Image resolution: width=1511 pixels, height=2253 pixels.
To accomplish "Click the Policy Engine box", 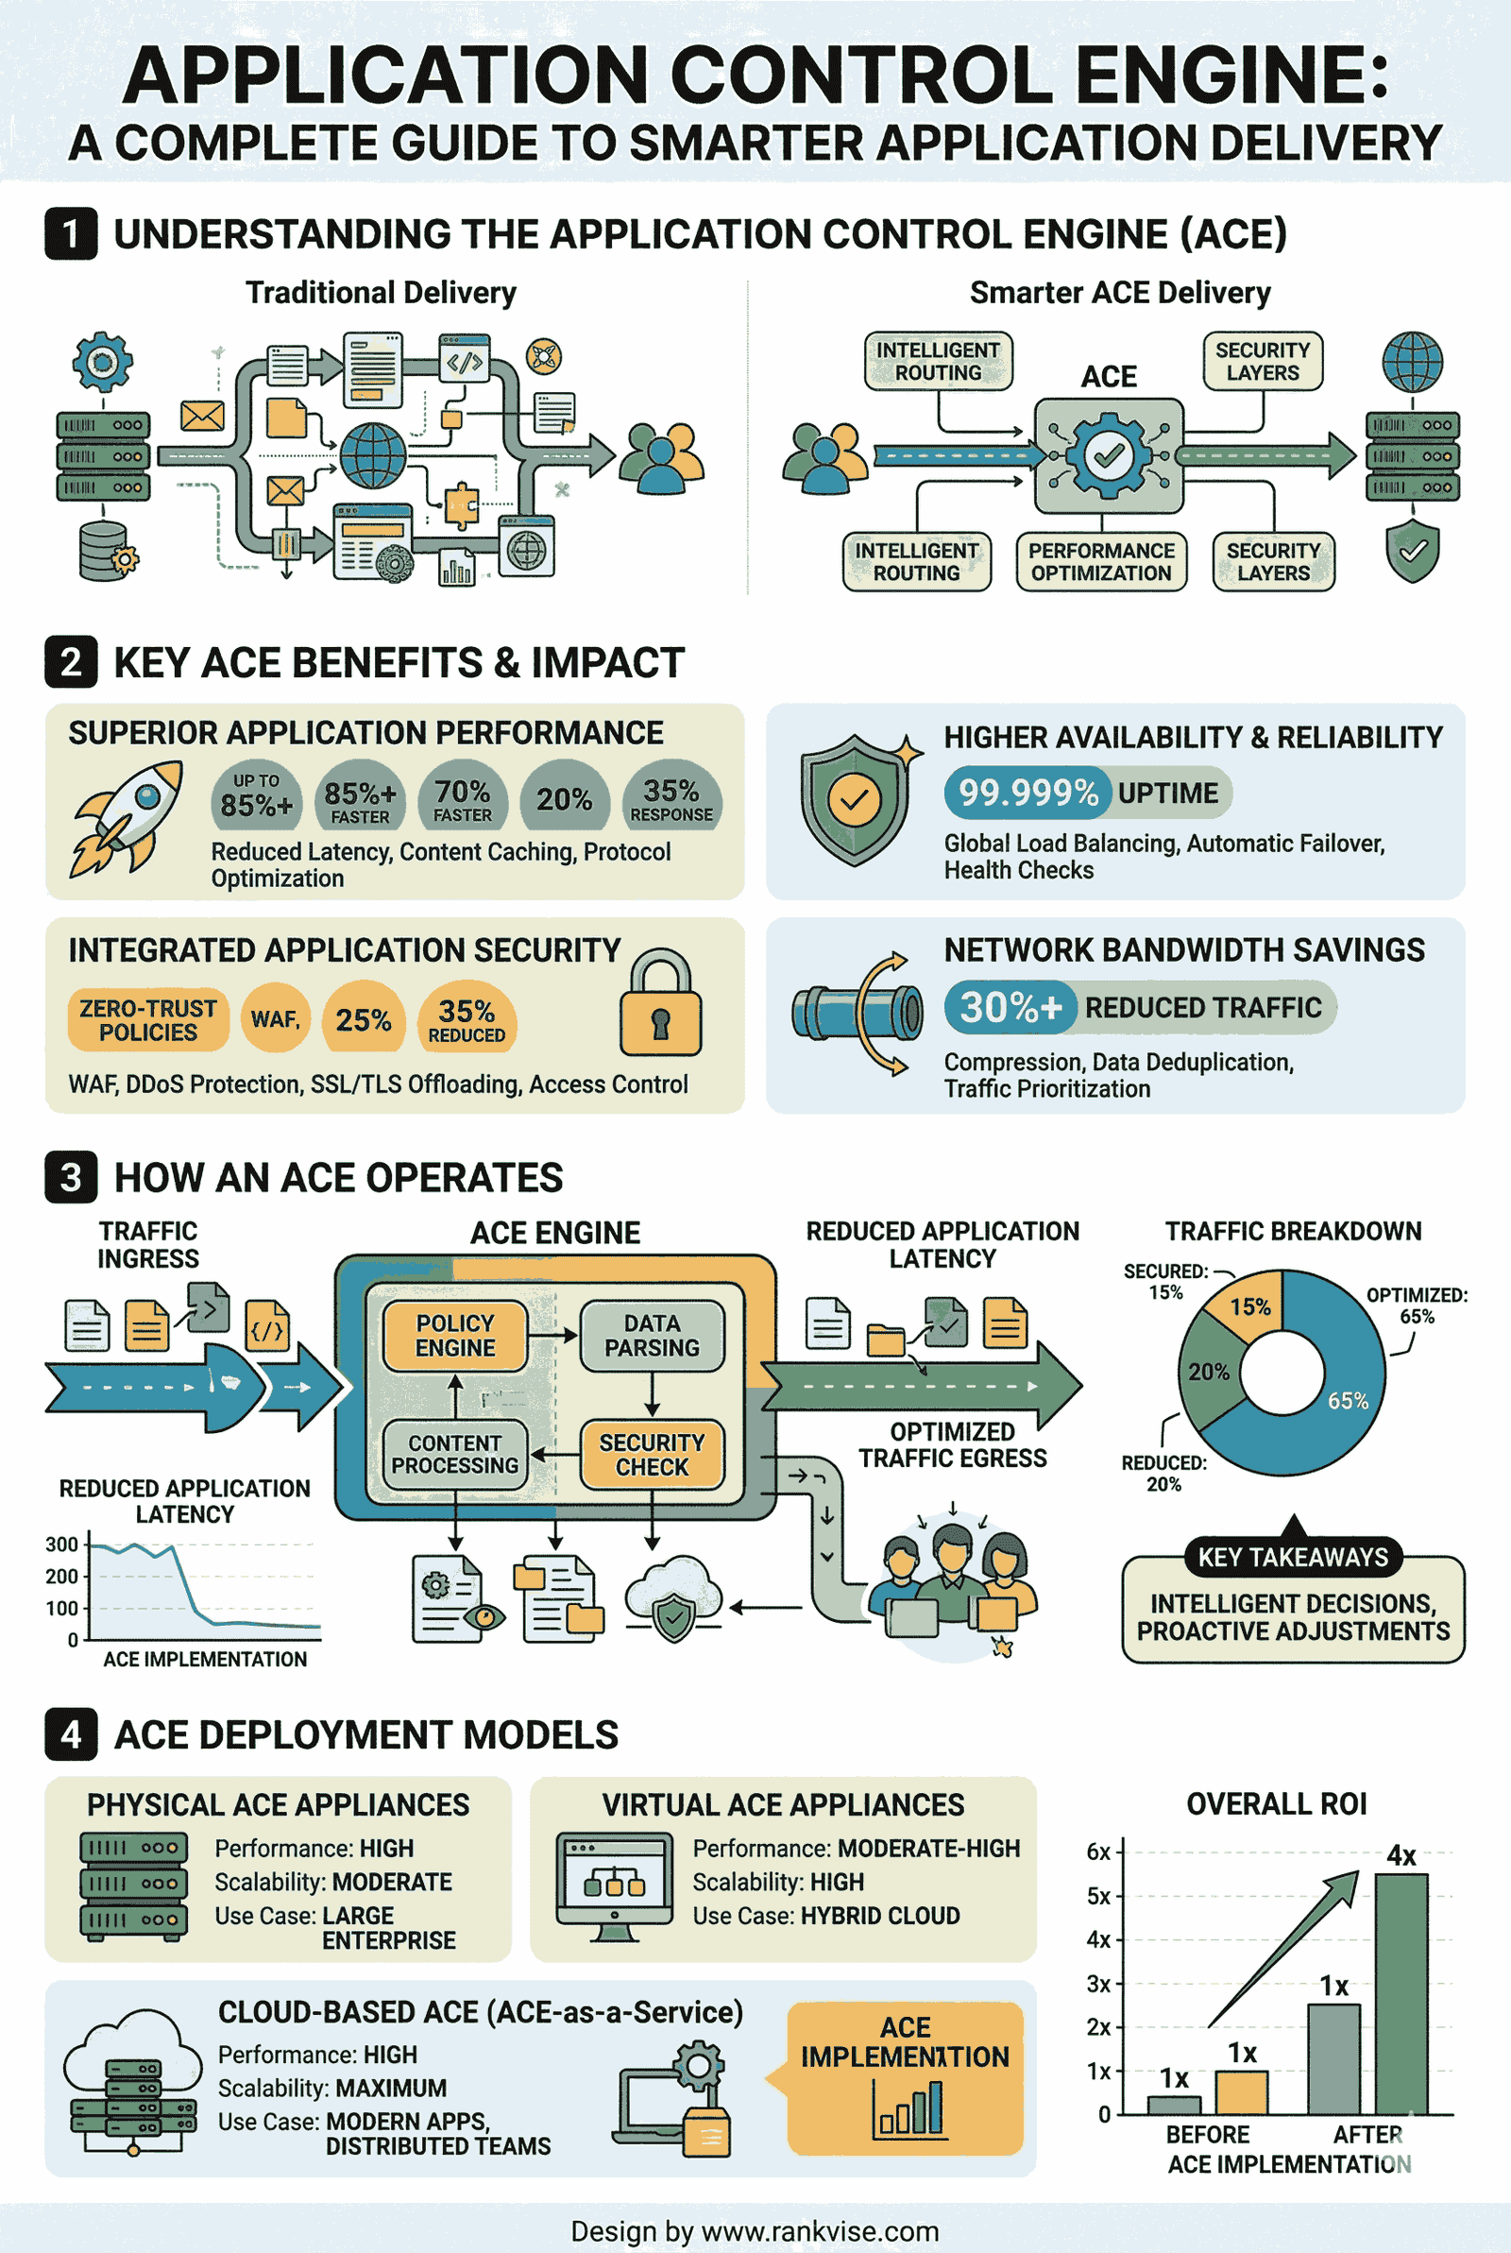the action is (455, 1336).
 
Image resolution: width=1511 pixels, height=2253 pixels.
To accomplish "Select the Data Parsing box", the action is (652, 1336).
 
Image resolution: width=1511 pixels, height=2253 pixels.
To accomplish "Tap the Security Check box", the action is (652, 1454).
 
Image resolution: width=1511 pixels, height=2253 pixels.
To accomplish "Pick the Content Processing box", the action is (455, 1454).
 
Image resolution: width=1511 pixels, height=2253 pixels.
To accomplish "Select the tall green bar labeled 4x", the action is (1401, 1994).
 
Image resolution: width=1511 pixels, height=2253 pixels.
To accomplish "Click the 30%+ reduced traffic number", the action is (1010, 1007).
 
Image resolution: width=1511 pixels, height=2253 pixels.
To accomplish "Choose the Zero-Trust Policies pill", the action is (148, 1019).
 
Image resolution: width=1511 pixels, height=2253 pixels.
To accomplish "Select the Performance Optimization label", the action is (1101, 562).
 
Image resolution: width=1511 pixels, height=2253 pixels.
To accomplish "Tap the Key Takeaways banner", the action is (1293, 1556).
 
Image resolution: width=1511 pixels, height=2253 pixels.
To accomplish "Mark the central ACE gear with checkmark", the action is (1108, 454).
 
